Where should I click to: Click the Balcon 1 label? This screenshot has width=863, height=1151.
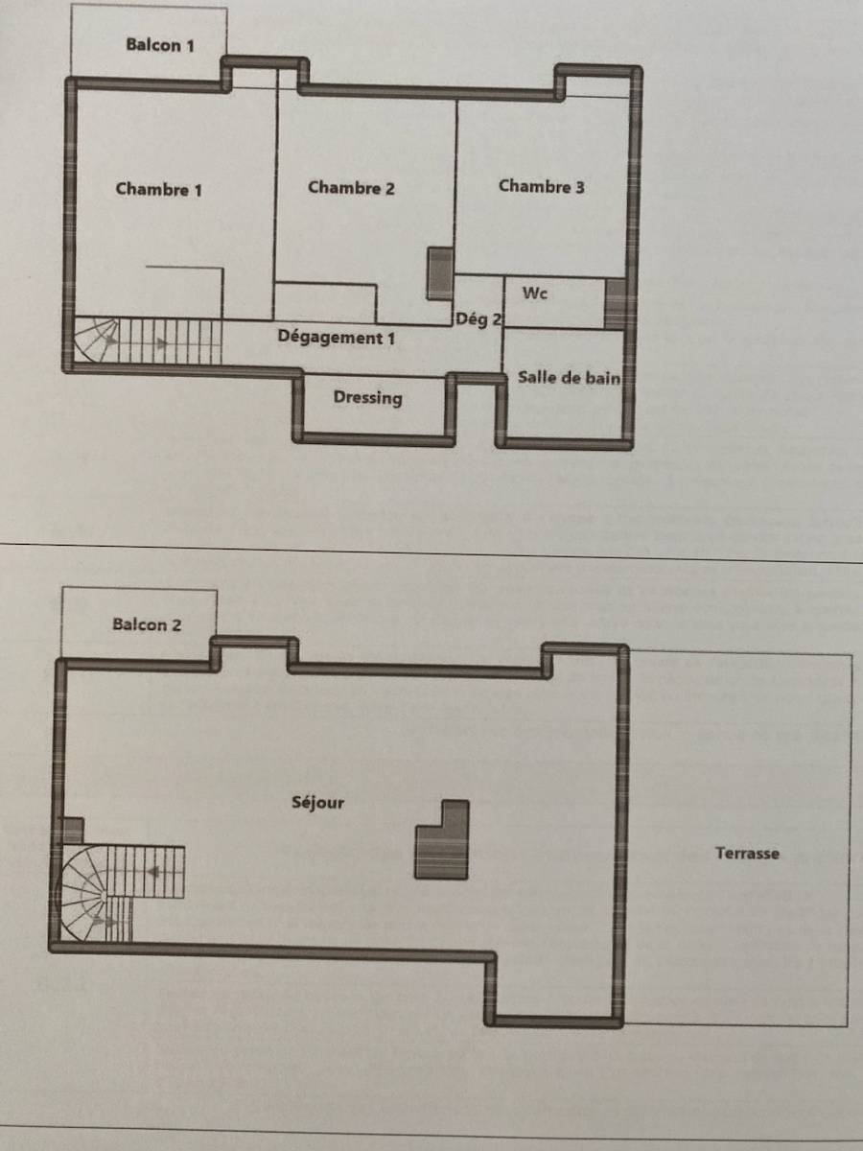160,45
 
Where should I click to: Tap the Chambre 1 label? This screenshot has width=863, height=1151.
159,189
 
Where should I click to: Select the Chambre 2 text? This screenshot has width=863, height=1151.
351,188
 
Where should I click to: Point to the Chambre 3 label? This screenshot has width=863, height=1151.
541,186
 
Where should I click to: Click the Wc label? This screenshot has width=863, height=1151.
535,294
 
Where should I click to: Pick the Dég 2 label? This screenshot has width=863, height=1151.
478,318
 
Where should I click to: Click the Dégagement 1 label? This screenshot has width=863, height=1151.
336,338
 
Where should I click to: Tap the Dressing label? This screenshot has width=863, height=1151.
368,397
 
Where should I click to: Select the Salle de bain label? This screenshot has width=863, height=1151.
569,378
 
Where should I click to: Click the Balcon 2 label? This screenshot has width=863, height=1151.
147,624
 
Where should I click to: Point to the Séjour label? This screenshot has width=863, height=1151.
318,802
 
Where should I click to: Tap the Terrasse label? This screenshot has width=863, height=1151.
747,853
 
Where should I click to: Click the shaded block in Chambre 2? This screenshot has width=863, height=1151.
440,273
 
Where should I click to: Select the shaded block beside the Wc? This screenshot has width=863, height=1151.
616,304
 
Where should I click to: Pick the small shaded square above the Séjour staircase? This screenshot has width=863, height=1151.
73,831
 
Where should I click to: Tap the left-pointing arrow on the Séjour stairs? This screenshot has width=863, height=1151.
153,872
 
